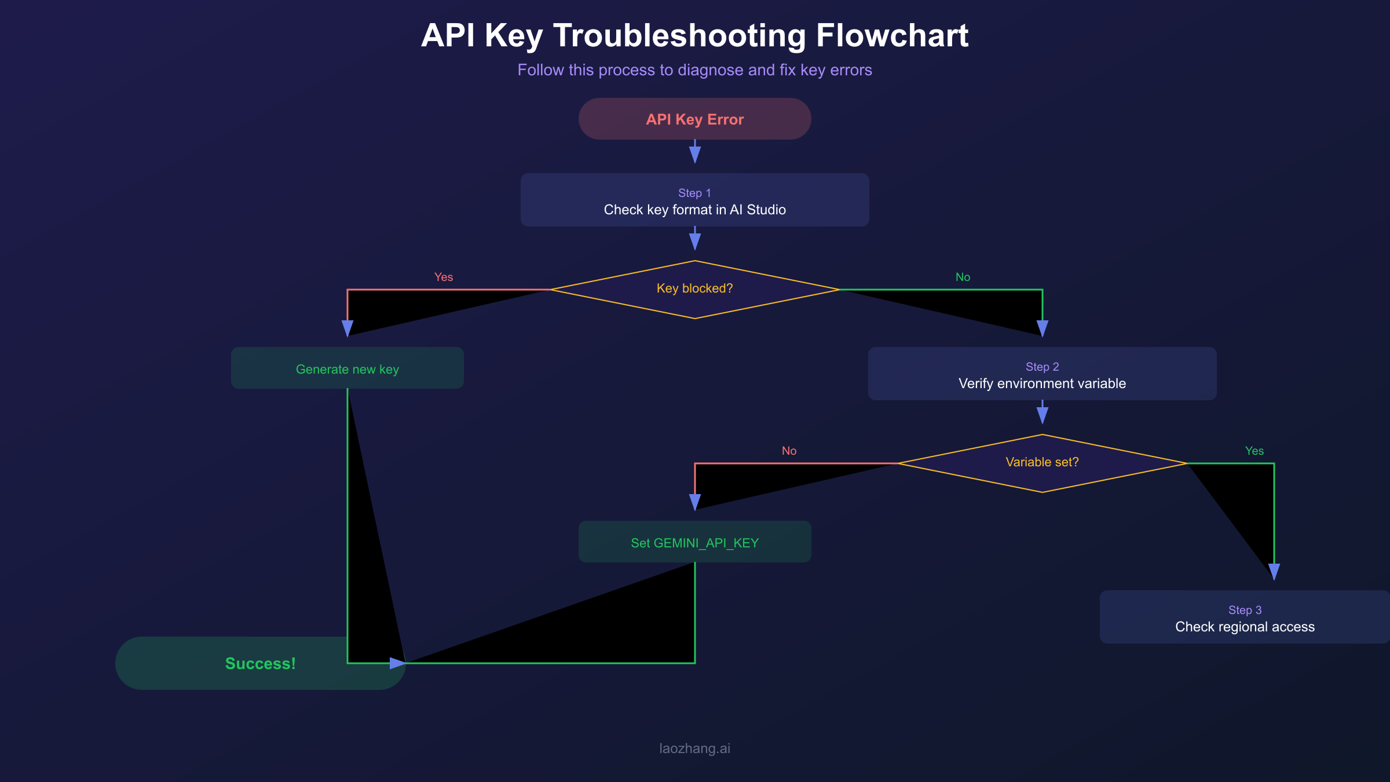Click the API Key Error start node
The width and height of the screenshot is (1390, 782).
694,119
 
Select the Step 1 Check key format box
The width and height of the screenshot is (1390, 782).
694,200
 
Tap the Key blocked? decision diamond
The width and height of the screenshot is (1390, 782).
694,289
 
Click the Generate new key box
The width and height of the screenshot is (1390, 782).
347,368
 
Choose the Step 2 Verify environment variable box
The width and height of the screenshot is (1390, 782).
1042,374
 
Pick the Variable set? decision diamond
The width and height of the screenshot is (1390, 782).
1042,463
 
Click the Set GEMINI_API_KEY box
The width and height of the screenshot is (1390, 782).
694,542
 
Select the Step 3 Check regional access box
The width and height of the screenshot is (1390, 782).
1244,617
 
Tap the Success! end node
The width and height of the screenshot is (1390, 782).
260,663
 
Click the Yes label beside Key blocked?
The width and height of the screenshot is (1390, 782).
444,277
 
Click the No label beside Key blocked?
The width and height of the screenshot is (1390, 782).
963,277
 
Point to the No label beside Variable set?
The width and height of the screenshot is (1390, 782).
789,451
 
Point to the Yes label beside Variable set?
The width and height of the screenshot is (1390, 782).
1254,451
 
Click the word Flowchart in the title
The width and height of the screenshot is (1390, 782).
892,36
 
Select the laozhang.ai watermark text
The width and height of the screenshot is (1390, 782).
694,748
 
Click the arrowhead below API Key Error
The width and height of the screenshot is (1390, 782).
695,155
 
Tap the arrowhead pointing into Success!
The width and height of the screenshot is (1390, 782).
397,663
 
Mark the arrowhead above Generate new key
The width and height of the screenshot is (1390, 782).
348,328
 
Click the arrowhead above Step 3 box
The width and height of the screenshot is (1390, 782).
1274,572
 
